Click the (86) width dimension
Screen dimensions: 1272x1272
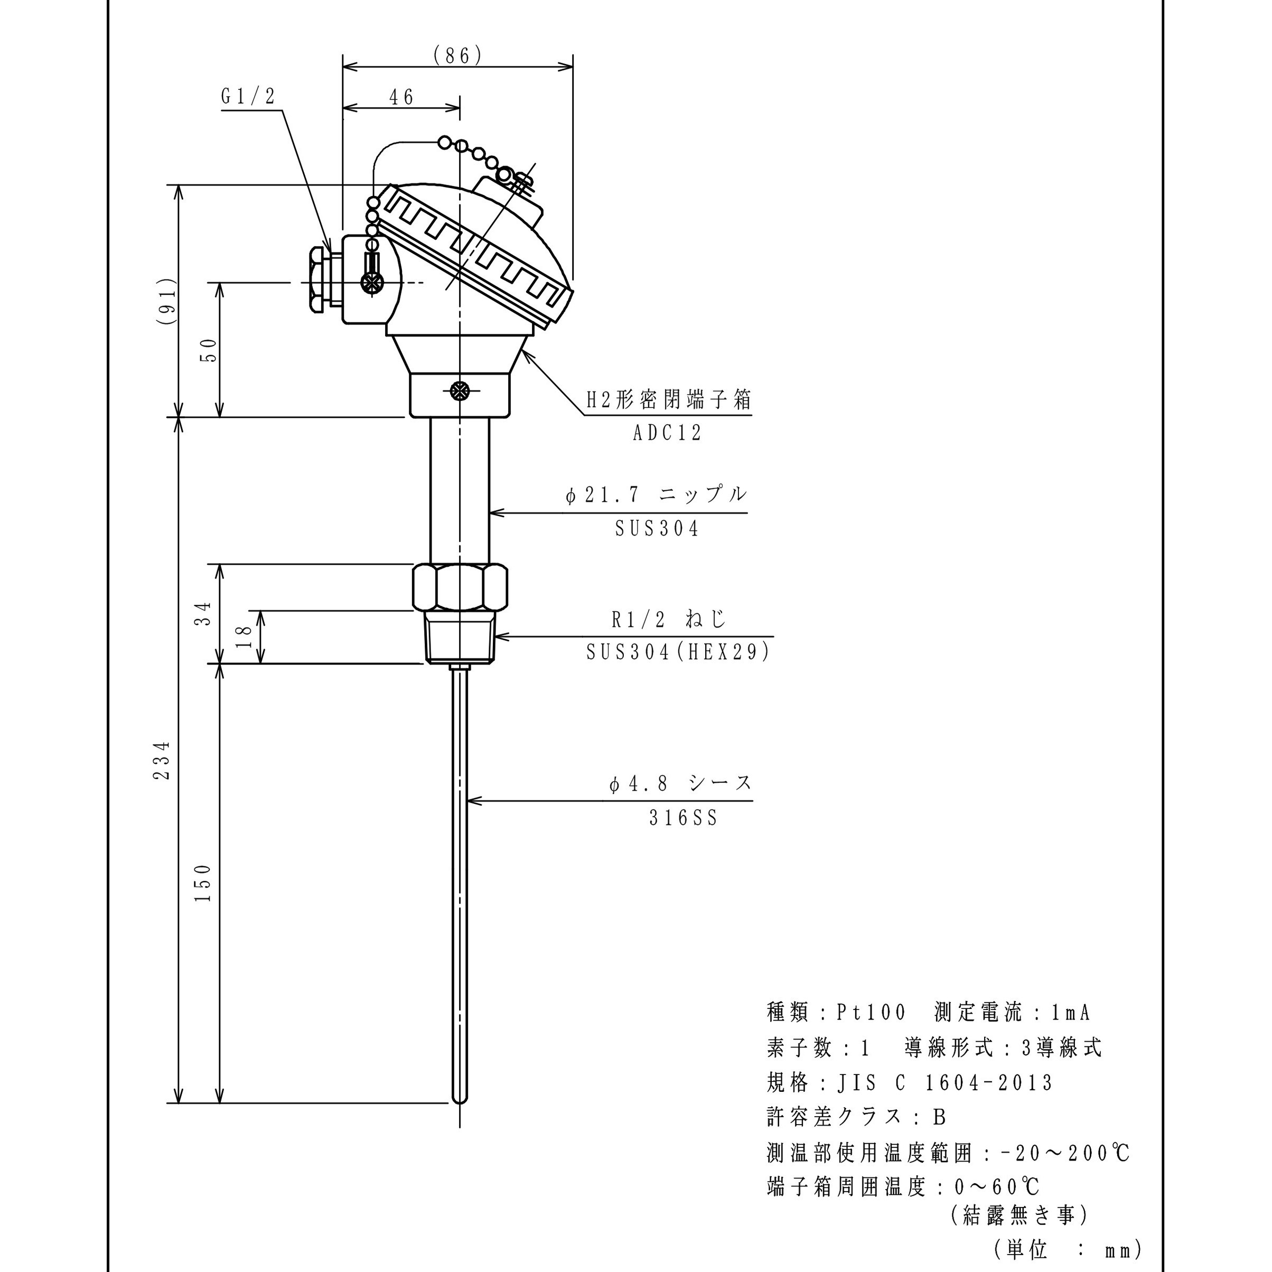coord(457,56)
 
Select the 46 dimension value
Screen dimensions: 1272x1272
coord(401,97)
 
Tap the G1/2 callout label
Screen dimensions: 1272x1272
coord(248,97)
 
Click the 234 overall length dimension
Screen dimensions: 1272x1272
coord(162,761)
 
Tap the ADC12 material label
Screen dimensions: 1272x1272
coord(667,433)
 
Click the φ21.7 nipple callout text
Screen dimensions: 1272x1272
coord(656,494)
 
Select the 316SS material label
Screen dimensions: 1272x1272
coord(682,818)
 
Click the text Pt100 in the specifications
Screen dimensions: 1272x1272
coord(871,1013)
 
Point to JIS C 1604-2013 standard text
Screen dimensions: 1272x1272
coord(946,1083)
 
